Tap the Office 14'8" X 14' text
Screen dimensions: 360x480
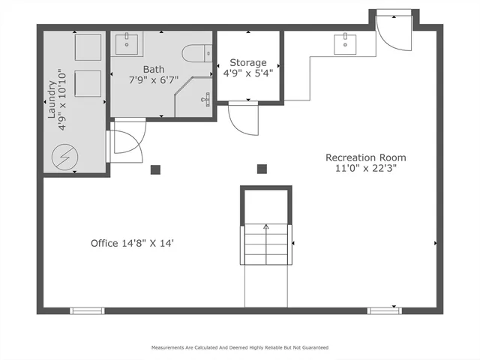click(x=133, y=243)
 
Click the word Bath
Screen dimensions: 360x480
click(x=154, y=69)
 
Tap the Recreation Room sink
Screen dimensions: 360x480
click(x=346, y=44)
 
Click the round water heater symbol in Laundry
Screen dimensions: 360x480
click(x=62, y=157)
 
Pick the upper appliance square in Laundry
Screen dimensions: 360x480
click(x=88, y=47)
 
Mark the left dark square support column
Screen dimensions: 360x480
click(x=155, y=169)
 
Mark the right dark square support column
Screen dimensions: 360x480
click(x=262, y=169)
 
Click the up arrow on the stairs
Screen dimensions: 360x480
click(x=265, y=226)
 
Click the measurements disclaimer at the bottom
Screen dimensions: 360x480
click(x=240, y=348)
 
